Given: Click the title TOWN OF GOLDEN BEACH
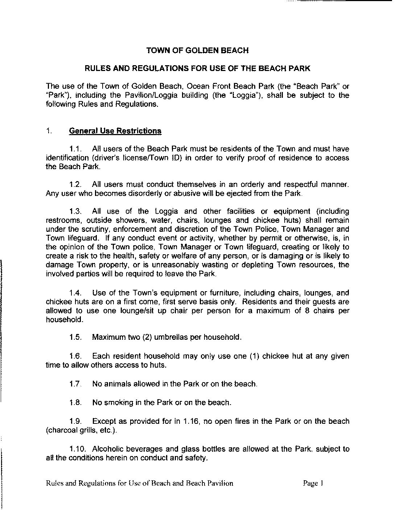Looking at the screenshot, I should tap(197, 50).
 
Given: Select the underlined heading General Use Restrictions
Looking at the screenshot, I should tap(115, 131).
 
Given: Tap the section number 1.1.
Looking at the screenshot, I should tap(76, 149).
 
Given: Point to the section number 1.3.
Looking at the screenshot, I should tap(76, 211).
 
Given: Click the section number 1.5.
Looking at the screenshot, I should tap(75, 337).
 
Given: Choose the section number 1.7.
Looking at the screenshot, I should tap(75, 384).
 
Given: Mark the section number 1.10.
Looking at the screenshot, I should tap(77, 449).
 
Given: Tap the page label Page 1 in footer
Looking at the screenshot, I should tap(313, 483).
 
